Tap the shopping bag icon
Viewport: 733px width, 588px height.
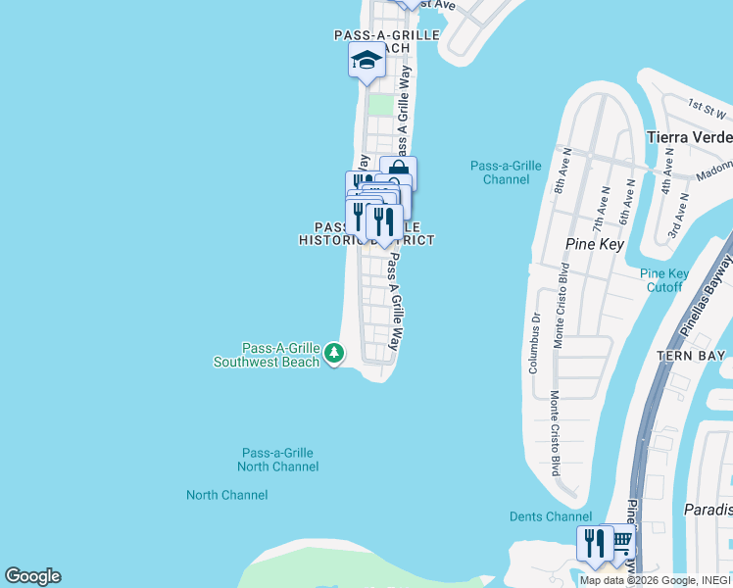399,173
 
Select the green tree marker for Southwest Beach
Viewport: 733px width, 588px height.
334,351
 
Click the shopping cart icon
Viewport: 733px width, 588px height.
619,541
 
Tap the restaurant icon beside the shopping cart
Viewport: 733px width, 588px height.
595,542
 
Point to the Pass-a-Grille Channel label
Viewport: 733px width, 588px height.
505,172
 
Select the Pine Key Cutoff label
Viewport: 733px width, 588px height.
663,280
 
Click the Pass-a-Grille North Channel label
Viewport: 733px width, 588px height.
277,460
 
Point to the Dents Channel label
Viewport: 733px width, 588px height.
550,516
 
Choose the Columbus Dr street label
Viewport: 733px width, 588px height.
535,342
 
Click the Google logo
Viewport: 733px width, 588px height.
32,576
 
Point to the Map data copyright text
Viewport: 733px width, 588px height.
655,580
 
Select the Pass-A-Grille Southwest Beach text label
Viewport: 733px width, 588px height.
267,355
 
